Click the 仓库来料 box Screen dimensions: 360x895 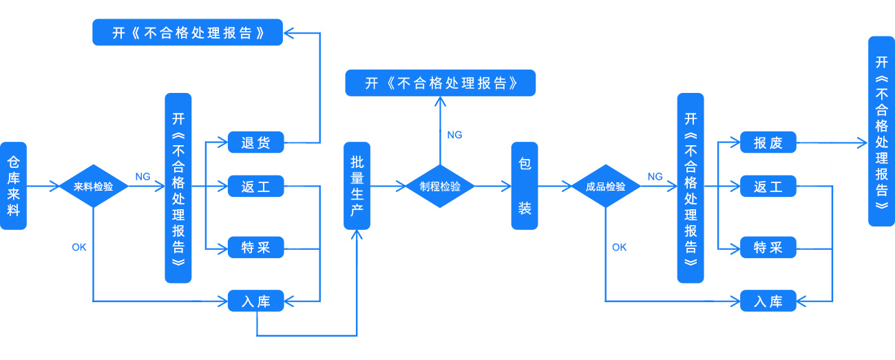coord(13,186)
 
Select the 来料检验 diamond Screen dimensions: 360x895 coord(93,187)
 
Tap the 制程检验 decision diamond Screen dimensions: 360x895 coord(440,187)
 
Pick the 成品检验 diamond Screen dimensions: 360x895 coord(606,187)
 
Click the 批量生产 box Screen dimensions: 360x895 coord(357,186)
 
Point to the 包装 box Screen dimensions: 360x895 coord(525,186)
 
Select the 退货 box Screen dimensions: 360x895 coord(255,143)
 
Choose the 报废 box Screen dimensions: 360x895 coord(768,143)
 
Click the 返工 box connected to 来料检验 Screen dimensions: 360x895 coord(255,187)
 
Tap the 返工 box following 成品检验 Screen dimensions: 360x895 coord(768,187)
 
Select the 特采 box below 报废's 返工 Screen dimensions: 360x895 coord(768,247)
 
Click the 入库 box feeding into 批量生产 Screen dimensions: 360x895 coord(255,301)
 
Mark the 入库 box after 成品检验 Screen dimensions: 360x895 coord(768,301)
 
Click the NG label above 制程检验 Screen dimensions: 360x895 coord(454,135)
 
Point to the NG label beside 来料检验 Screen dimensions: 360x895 coord(143,177)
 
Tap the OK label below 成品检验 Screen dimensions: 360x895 coord(619,247)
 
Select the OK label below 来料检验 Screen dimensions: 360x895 coord(79,247)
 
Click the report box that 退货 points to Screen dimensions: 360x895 coord(187,32)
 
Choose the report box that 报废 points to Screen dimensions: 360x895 coord(881,131)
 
